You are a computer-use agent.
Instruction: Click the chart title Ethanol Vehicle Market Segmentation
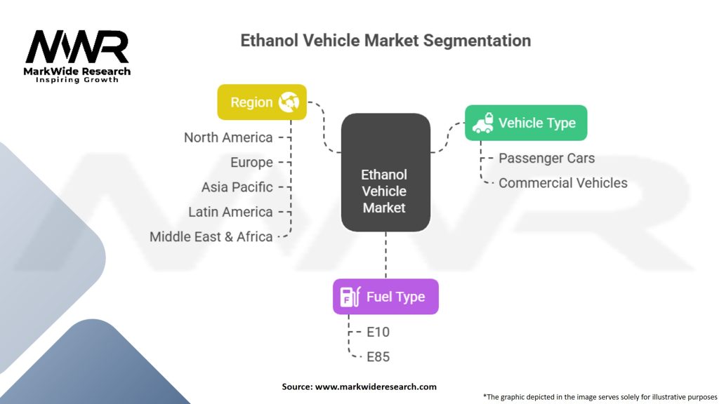pos(385,40)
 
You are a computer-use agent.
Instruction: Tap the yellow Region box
pos(262,102)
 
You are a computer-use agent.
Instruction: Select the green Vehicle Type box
pos(526,123)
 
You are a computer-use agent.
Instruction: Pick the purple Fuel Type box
pos(385,296)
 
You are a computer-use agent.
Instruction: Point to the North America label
pos(228,137)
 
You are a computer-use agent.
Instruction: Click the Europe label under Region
pos(251,162)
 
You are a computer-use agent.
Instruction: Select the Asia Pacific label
pos(237,187)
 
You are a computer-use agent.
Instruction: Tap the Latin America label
pos(230,212)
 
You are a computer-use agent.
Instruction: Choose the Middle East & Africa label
pos(211,236)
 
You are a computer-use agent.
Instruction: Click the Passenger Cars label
pos(546,159)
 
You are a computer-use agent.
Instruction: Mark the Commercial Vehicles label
pos(562,183)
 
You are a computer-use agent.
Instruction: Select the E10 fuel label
pos(378,332)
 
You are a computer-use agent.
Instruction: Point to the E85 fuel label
pos(378,356)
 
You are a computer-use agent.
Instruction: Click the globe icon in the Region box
pos(289,102)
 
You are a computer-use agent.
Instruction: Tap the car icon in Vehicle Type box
pos(482,123)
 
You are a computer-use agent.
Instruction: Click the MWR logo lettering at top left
pos(77,47)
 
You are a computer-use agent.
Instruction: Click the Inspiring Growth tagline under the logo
pos(77,80)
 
